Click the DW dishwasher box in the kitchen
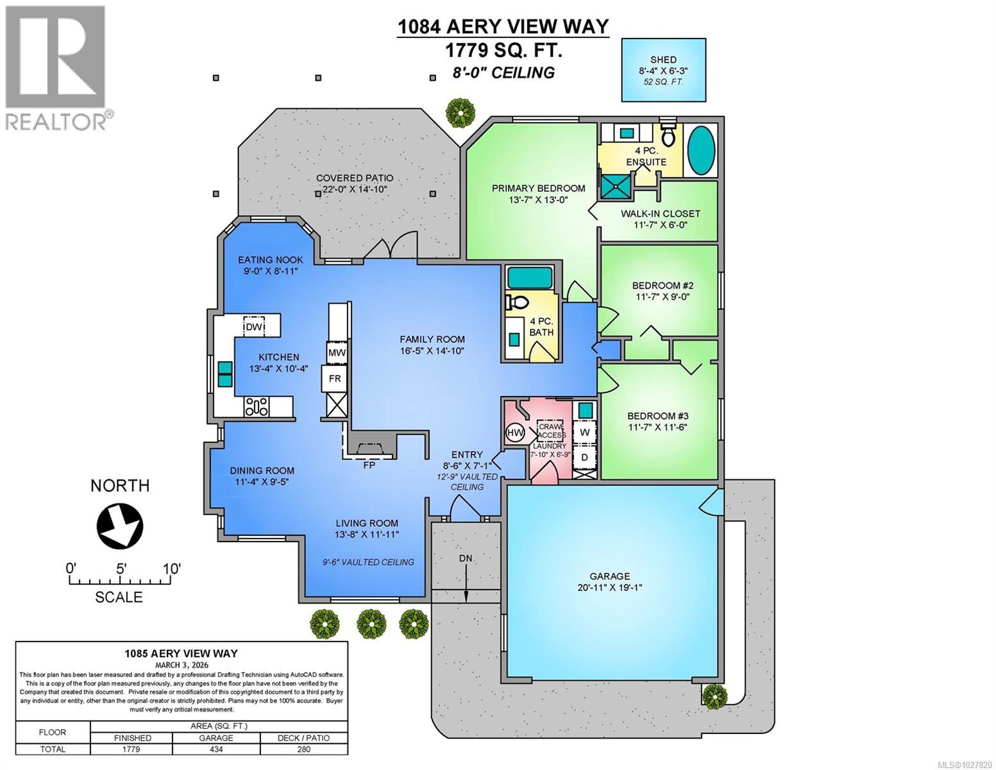pos(254,327)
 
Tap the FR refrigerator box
pos(335,379)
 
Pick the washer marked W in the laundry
pos(584,432)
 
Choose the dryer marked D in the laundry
pos(584,458)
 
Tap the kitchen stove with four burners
pos(257,406)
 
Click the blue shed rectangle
pos(664,69)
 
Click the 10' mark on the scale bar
pos(171,569)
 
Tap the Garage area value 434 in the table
pos(217,749)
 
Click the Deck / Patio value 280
pos(304,749)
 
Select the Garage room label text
pos(610,576)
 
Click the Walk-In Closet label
pos(660,214)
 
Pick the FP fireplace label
pos(369,465)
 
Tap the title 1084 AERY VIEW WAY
pos(503,26)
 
